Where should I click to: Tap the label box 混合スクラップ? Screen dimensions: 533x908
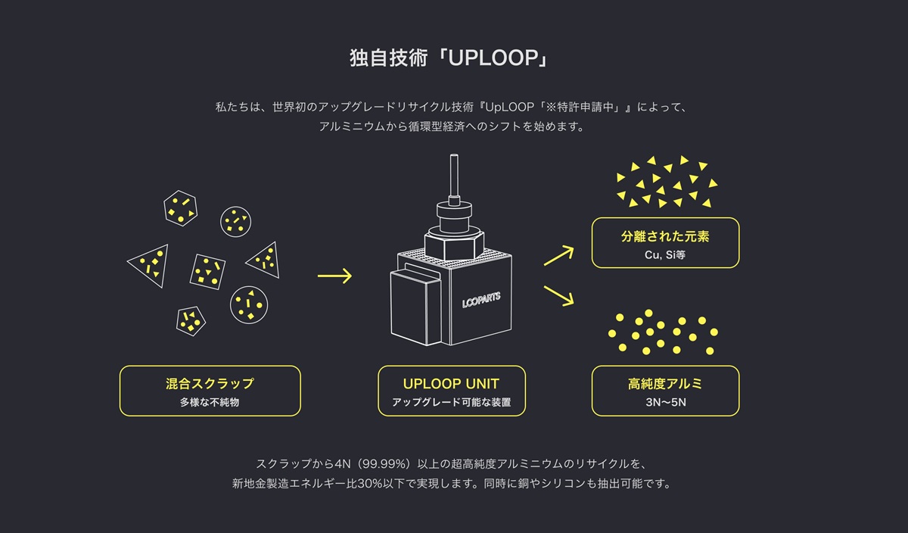coord(210,391)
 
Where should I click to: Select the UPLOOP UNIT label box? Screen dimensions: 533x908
coord(451,391)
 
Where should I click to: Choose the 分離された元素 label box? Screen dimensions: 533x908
coord(665,243)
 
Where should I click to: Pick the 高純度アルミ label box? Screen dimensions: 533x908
coord(665,391)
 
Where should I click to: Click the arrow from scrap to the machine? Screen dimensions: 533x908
coord(334,276)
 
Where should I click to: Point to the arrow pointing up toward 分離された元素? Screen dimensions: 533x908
coord(558,255)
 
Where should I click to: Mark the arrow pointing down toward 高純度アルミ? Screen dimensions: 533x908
coord(558,295)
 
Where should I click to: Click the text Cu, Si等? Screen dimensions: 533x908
coord(665,255)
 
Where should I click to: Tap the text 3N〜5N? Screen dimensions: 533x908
coord(665,403)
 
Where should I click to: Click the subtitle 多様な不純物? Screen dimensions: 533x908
coord(210,403)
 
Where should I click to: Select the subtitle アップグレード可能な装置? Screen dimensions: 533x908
coord(451,403)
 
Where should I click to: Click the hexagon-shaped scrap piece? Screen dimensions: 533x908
coord(180,207)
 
